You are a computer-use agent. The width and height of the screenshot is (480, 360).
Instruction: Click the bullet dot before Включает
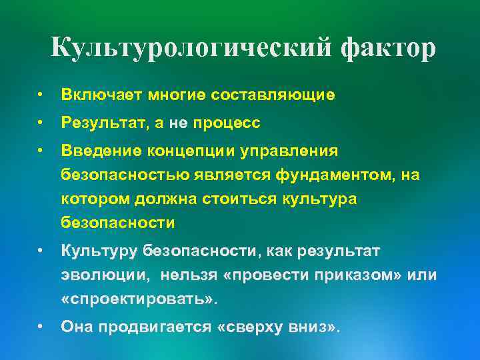tap(41, 96)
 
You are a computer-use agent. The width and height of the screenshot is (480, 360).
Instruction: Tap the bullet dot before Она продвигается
tap(41, 327)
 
